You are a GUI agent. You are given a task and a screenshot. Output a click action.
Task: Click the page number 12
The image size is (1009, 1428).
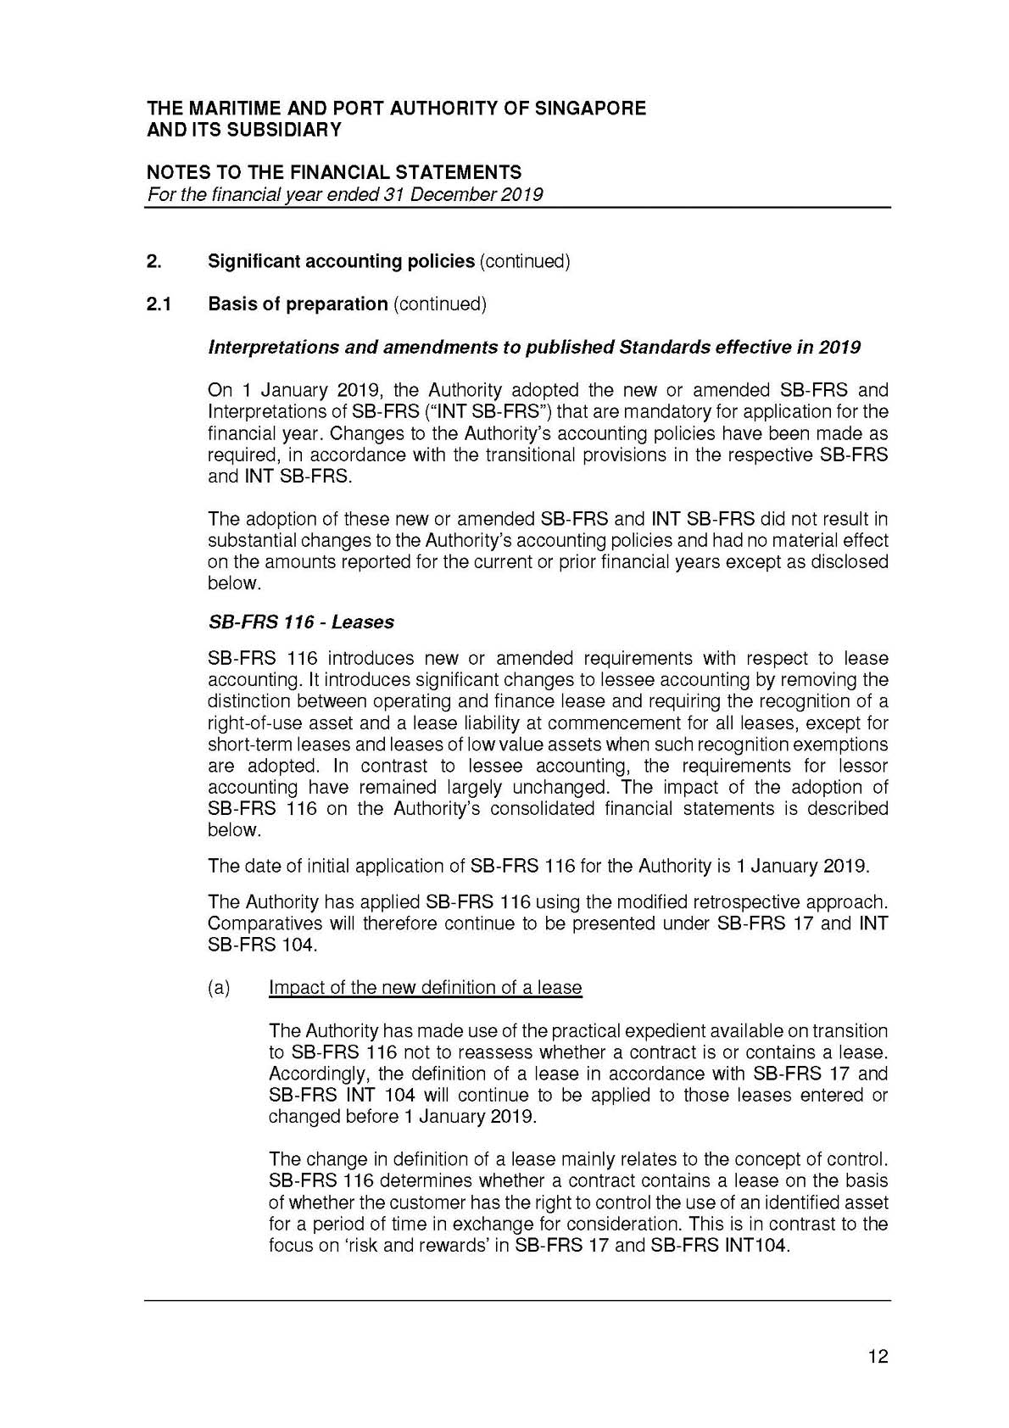[x=878, y=1357]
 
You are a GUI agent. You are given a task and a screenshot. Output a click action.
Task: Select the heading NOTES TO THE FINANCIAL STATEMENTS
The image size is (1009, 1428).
[x=334, y=173]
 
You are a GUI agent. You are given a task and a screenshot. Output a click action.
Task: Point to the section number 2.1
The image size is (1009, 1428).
[x=159, y=304]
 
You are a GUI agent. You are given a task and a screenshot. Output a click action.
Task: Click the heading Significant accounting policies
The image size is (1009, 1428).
[x=341, y=261]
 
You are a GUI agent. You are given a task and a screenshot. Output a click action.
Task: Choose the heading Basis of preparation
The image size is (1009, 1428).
[x=298, y=304]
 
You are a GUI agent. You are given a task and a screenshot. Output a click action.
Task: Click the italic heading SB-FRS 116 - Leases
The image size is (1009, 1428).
[x=301, y=622]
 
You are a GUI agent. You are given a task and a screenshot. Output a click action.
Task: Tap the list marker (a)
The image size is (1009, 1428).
[x=219, y=987]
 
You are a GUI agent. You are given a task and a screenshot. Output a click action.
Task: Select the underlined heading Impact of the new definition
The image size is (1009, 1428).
[x=425, y=987]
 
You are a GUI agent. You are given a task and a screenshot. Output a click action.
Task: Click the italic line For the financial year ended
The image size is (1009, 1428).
[x=345, y=194]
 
